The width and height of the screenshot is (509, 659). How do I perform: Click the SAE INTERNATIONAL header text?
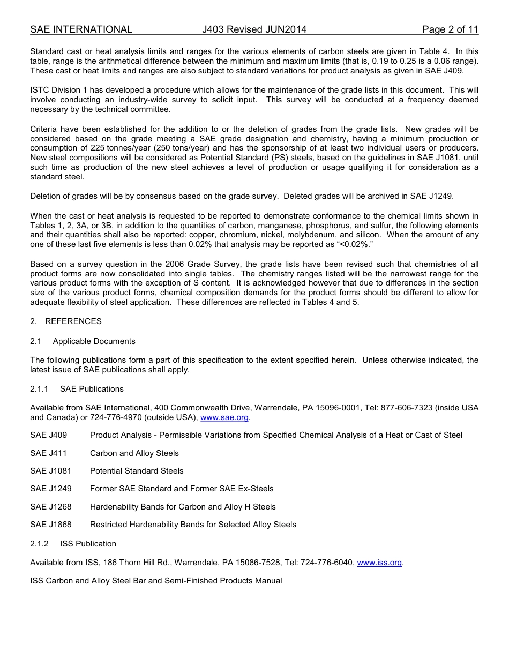click(x=81, y=29)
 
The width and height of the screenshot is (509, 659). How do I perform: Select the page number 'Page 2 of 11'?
click(x=450, y=29)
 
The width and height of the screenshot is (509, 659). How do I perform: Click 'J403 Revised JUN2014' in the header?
click(x=254, y=29)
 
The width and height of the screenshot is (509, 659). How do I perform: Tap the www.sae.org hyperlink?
click(x=224, y=417)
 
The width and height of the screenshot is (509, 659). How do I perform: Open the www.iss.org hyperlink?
click(x=379, y=563)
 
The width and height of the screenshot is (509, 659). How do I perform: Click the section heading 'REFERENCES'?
click(x=73, y=321)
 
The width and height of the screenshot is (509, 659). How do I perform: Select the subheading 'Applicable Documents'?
click(x=94, y=341)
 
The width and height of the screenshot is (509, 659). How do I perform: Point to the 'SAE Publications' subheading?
click(x=92, y=389)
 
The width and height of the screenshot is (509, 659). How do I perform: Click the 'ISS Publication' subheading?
click(x=88, y=544)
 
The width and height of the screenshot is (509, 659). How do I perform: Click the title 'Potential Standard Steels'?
click(x=137, y=471)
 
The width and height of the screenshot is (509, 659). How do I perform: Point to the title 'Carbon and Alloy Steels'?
click(x=134, y=453)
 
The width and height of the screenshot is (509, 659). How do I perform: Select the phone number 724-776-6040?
click(x=327, y=563)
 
